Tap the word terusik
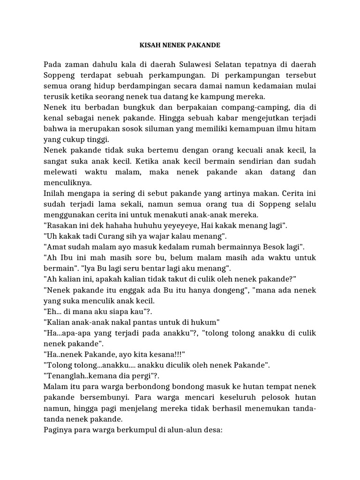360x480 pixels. pos(57,97)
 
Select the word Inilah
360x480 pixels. pos(55,193)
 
